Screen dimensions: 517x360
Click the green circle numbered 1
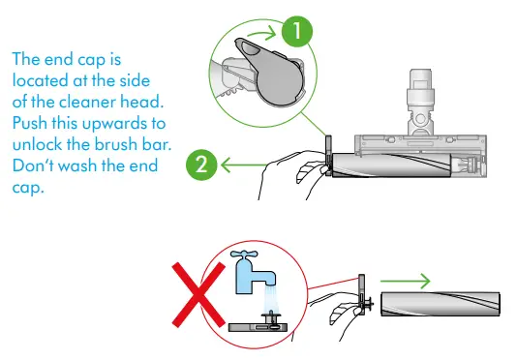tap(297, 31)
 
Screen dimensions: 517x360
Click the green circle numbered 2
tap(201, 165)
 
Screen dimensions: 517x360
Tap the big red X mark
tap(198, 295)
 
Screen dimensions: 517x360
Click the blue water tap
tap(253, 272)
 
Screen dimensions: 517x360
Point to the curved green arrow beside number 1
tap(261, 33)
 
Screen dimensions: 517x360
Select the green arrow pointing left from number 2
tap(244, 165)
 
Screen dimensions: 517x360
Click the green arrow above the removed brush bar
tap(406, 282)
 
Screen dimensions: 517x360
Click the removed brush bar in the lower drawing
tap(441, 304)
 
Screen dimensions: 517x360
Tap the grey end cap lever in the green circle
tap(269, 72)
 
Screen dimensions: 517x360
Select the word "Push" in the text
tap(30, 123)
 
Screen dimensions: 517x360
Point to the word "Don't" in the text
tap(34, 165)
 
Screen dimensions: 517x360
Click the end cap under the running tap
tap(258, 324)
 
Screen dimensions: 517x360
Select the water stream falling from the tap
tap(271, 298)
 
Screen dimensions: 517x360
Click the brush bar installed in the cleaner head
tap(392, 165)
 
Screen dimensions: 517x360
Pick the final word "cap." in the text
tap(28, 188)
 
